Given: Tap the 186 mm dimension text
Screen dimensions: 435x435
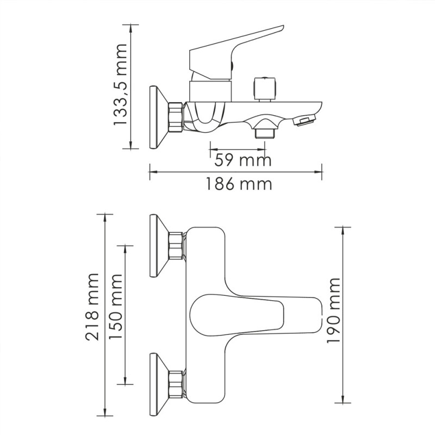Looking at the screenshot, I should point(238,184).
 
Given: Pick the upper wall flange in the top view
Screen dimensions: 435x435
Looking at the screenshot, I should point(158,245).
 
